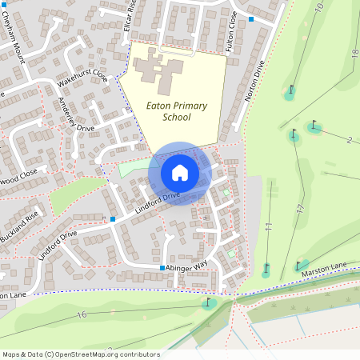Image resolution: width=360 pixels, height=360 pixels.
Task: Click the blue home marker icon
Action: tap(180, 173)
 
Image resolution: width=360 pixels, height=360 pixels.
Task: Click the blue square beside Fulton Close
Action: tap(251, 18)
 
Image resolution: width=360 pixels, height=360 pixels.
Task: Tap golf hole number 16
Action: tap(82, 315)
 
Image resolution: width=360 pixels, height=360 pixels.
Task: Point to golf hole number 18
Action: tap(354, 53)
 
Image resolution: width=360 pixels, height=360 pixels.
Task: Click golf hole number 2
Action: tap(350, 141)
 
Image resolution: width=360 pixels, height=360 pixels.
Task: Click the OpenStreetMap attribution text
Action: tap(80, 354)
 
